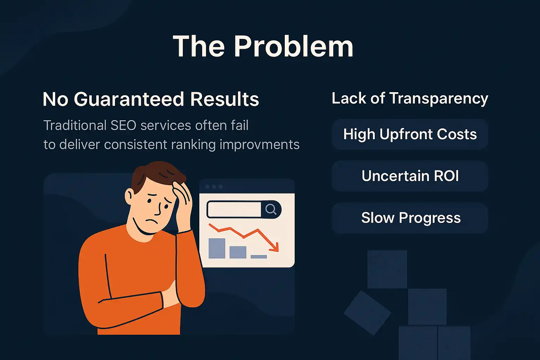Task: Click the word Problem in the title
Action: [294, 47]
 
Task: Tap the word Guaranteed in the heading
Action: [129, 99]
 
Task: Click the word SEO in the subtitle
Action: [123, 126]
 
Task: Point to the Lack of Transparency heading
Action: [410, 98]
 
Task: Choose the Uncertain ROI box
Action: [410, 176]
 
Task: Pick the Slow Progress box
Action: [410, 218]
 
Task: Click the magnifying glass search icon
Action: [271, 210]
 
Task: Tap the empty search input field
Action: [234, 210]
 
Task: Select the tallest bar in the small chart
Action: [217, 248]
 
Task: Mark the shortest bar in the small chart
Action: [259, 257]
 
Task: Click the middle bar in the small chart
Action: [238, 252]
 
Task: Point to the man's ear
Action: [129, 195]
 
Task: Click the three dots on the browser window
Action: [214, 187]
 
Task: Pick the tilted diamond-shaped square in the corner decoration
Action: [367, 313]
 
